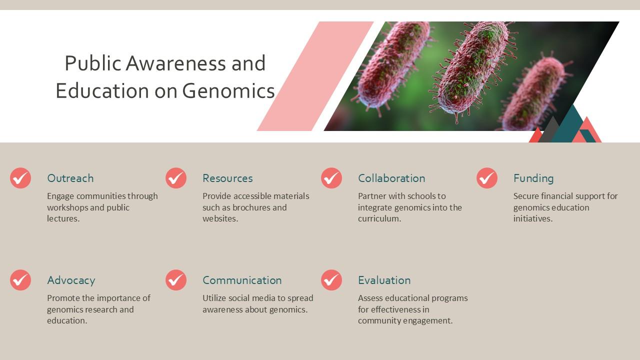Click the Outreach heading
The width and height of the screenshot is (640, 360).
point(70,178)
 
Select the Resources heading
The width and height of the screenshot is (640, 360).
point(227,178)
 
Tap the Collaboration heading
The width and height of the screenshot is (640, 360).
point(391,178)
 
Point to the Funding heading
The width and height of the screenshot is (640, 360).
point(533,178)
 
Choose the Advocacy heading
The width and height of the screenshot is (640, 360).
point(71,280)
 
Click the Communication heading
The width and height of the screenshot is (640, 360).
point(242,280)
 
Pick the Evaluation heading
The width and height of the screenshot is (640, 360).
point(384,280)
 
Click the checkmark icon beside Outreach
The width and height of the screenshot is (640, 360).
point(20,178)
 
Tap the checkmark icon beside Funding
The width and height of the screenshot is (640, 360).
point(487,178)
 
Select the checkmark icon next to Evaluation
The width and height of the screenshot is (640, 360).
point(331,280)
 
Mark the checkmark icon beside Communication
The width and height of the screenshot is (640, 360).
point(176,280)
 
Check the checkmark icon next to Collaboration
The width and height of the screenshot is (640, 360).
point(331,178)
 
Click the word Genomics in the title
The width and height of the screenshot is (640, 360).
point(228,91)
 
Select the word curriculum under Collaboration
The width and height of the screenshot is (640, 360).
point(379,218)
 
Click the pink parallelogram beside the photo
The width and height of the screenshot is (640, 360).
point(315,76)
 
